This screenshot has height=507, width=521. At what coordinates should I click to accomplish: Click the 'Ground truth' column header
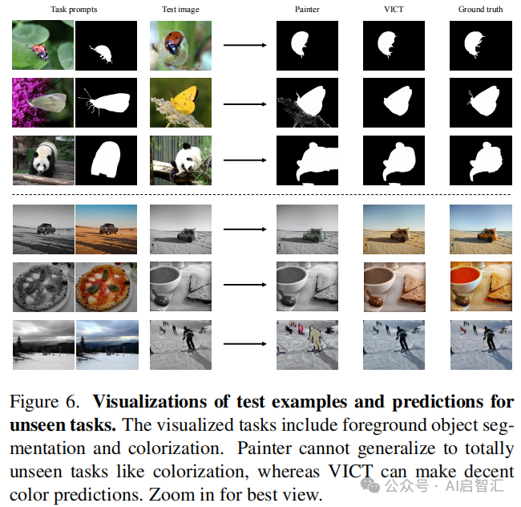[479, 9]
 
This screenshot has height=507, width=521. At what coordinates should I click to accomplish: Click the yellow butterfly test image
[180, 103]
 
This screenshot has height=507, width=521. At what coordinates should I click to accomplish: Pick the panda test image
[180, 160]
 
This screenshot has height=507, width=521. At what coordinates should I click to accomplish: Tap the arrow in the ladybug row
[244, 45]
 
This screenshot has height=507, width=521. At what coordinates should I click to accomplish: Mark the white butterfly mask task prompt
[106, 103]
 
